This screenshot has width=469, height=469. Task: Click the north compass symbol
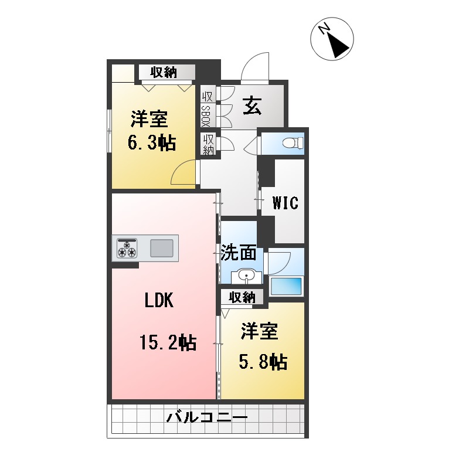(332, 38)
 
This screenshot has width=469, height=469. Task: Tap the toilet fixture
(291, 142)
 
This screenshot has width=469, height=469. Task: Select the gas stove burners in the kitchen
(127, 248)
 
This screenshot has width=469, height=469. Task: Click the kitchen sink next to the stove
(161, 249)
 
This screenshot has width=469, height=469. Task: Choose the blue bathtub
(286, 286)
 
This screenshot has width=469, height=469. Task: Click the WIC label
(285, 203)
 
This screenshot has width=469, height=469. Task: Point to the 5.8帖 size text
(262, 362)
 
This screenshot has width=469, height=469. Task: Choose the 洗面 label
(239, 253)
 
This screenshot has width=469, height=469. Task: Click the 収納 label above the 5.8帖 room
(242, 297)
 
